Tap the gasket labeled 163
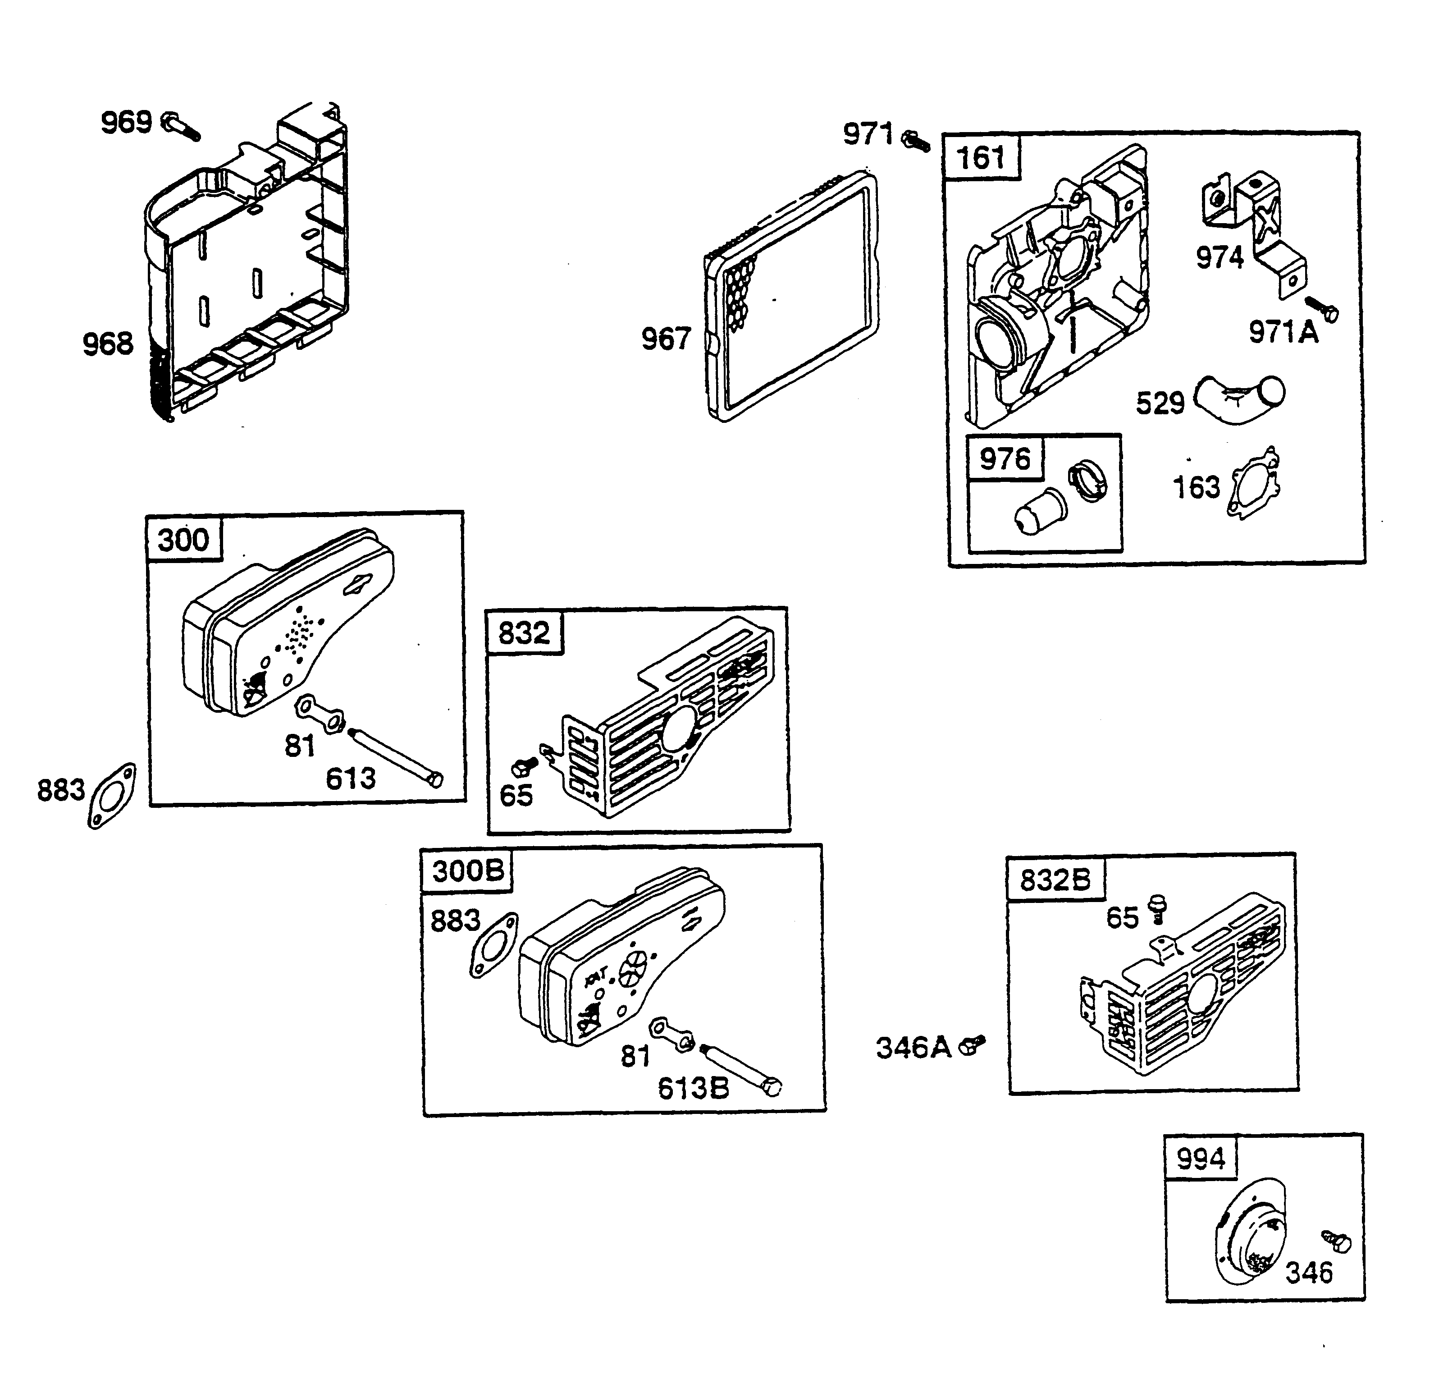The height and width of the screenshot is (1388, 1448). (1254, 484)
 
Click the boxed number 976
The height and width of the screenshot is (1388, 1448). (1005, 459)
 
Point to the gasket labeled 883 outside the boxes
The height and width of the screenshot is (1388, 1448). (112, 795)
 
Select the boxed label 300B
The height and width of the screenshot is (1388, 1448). (468, 870)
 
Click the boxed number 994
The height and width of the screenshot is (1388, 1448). (1201, 1158)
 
